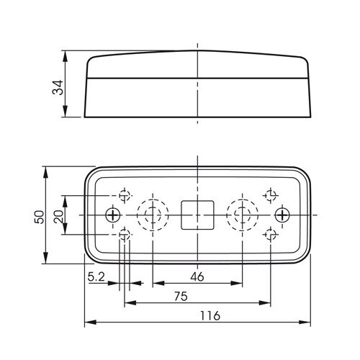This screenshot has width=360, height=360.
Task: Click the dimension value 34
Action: pyautogui.click(x=58, y=88)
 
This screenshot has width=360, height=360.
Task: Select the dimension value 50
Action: pyautogui.click(x=40, y=217)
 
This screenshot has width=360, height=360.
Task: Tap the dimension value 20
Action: pyautogui.click(x=58, y=217)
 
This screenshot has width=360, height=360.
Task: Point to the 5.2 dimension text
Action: pyautogui.click(x=96, y=277)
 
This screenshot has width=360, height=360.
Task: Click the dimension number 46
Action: pyautogui.click(x=197, y=276)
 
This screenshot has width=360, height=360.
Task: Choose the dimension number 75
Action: pyautogui.click(x=181, y=296)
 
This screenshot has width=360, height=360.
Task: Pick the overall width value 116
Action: pyautogui.click(x=210, y=315)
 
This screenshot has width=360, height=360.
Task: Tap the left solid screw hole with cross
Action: pyautogui.click(x=113, y=215)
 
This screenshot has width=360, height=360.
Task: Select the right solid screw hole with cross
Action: pyautogui.click(x=282, y=215)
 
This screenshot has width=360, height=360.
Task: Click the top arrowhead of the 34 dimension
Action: pyautogui.click(x=65, y=56)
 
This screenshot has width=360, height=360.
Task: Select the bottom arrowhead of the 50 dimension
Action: pyautogui.click(x=45, y=258)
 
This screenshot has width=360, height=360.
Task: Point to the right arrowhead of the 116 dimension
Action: pyautogui.click(x=305, y=322)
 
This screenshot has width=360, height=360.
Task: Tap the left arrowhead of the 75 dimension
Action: pyautogui.click(x=130, y=303)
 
